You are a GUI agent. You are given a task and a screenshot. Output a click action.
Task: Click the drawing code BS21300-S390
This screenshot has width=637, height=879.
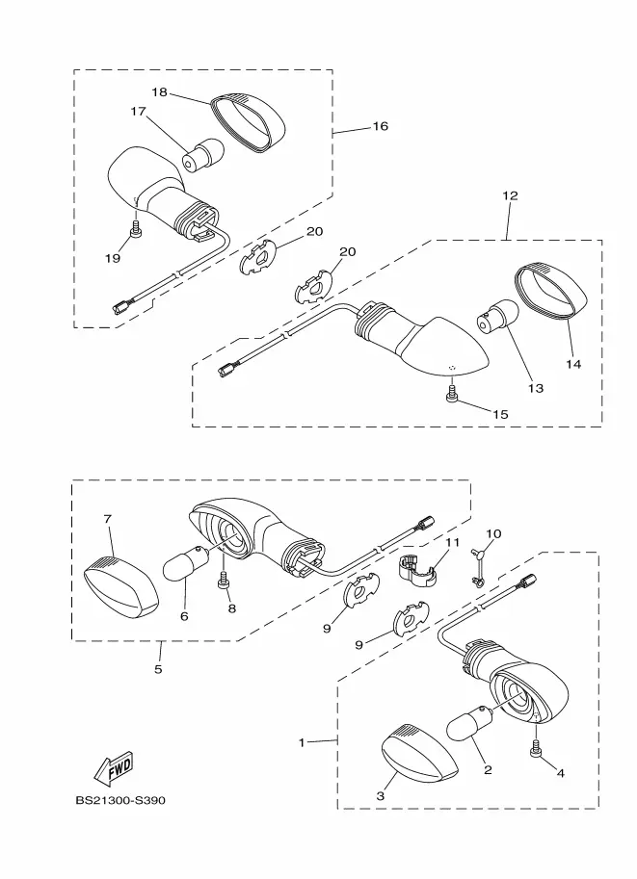point(120,800)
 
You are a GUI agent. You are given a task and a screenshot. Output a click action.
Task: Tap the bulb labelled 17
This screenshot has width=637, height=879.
point(203,155)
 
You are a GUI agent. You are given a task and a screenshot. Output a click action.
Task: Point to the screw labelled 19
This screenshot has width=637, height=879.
point(136,229)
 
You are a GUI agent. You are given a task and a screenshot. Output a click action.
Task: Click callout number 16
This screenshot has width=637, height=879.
point(381,126)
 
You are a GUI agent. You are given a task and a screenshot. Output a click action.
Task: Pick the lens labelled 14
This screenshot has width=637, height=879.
point(550,292)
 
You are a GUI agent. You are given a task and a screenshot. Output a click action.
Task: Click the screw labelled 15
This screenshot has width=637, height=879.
point(452,393)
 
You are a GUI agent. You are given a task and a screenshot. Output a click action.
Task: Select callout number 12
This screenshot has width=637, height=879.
point(510,195)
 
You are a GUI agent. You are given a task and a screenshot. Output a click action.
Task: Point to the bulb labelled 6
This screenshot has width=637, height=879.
point(186,564)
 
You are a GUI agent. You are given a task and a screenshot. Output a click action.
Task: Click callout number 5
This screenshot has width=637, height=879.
point(158,669)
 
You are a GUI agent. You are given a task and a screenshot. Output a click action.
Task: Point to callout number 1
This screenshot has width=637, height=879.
point(302,743)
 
